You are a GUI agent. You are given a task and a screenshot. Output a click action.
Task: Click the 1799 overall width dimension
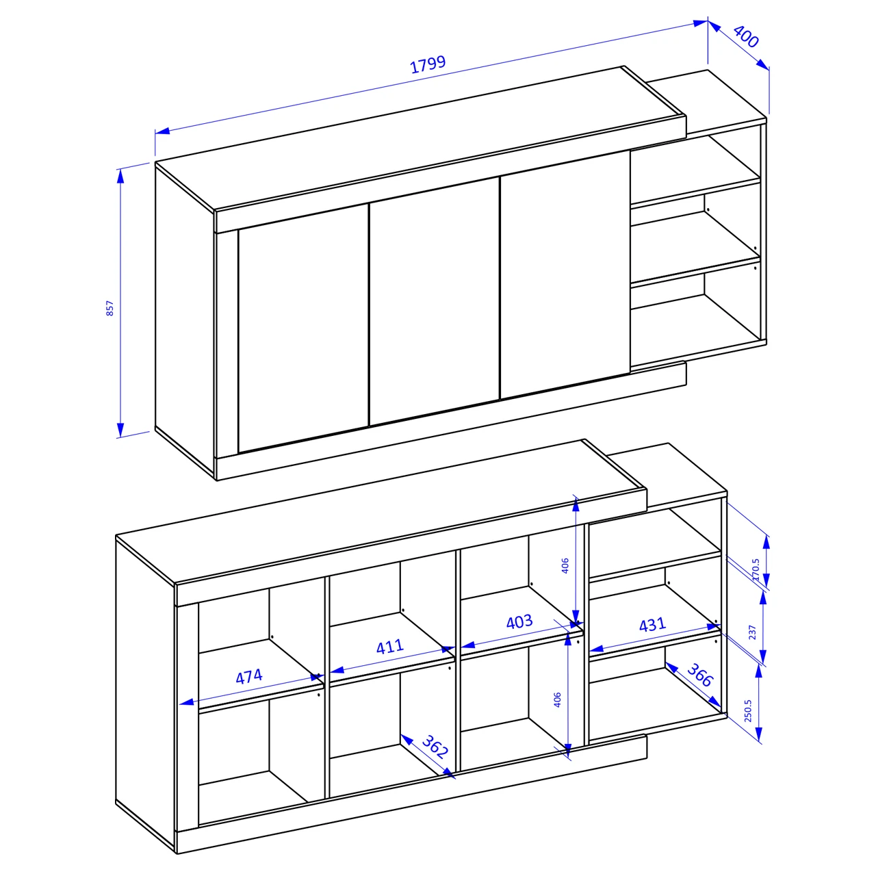pyautogui.click(x=428, y=64)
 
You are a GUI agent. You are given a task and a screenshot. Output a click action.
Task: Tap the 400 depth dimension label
pyautogui.click(x=746, y=36)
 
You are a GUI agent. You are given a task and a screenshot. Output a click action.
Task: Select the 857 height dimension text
pyautogui.click(x=109, y=308)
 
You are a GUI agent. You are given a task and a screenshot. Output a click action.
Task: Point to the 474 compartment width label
pyautogui.click(x=249, y=677)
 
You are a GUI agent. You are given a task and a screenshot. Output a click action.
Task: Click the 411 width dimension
pyautogui.click(x=390, y=646)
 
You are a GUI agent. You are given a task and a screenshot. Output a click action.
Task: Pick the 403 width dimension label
pyautogui.click(x=519, y=621)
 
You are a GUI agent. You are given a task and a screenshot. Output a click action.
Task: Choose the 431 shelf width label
pyautogui.click(x=652, y=625)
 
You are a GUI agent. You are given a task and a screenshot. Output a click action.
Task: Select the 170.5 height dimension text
pyautogui.click(x=756, y=569)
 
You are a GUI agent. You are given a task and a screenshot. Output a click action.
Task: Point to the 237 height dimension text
pyautogui.click(x=752, y=632)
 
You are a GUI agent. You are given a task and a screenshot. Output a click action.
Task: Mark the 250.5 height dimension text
pyautogui.click(x=748, y=710)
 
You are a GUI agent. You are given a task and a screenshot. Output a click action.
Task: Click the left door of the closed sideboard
pyautogui.click(x=303, y=328)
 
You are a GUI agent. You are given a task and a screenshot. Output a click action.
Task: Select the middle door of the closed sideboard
pyautogui.click(x=435, y=301)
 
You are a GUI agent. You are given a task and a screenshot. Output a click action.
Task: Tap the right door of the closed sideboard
pyautogui.click(x=565, y=275)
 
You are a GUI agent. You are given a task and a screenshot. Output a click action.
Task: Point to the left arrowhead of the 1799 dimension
pyautogui.click(x=162, y=131)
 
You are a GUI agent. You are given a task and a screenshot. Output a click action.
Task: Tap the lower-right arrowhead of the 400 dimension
pyautogui.click(x=763, y=65)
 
